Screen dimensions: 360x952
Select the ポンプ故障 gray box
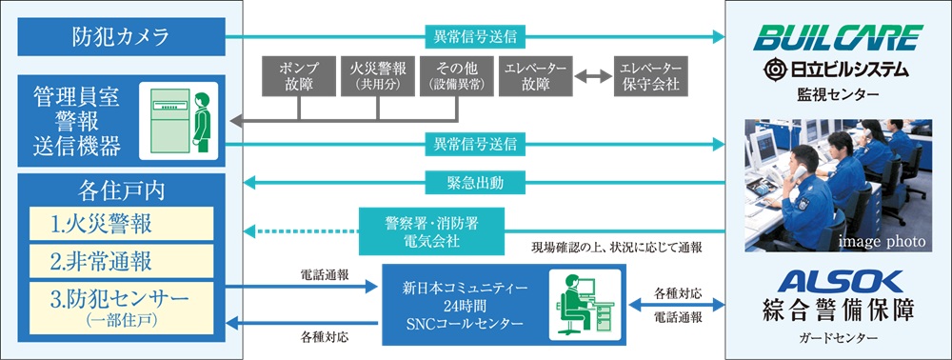coord(299,77)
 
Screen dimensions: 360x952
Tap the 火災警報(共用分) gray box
coord(378,77)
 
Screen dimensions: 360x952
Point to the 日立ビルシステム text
coord(838,70)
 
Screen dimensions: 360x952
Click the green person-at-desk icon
coord(579,300)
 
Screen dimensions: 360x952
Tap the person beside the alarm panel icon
coord(202,120)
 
